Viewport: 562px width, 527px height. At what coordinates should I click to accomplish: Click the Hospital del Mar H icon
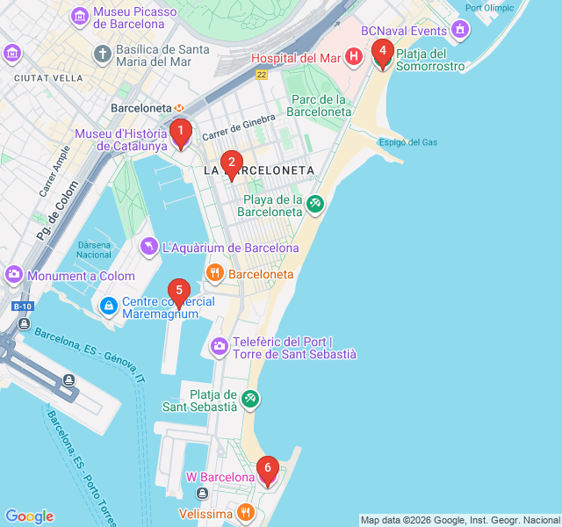[353, 57]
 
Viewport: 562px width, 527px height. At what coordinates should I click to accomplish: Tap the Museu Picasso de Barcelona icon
[80, 16]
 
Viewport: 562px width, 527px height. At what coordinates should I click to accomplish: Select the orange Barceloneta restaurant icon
[214, 274]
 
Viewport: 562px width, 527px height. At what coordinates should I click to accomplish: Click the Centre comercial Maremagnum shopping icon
[109, 307]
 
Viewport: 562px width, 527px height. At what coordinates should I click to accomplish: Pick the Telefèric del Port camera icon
[220, 347]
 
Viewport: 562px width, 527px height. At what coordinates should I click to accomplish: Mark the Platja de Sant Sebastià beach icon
[251, 400]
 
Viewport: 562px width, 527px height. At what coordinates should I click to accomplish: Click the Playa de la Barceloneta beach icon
[314, 204]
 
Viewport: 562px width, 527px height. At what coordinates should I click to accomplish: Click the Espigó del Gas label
[407, 142]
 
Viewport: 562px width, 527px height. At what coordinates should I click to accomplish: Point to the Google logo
[29, 516]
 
